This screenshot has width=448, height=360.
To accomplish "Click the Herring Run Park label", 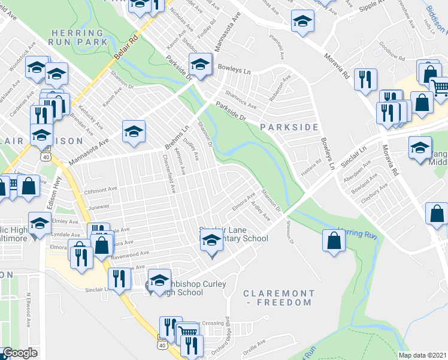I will (x=80, y=37).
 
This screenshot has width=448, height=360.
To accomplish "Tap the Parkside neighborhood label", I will (x=289, y=127).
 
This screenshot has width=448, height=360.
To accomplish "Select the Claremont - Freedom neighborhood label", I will (x=279, y=298).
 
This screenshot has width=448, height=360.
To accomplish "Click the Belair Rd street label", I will (x=126, y=47).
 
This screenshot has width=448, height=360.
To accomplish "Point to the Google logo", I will (x=20, y=353).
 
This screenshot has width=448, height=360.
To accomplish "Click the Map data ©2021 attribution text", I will (x=422, y=355).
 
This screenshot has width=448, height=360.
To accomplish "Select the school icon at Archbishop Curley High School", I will (x=159, y=280).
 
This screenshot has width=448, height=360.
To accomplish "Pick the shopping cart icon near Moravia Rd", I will (x=440, y=88).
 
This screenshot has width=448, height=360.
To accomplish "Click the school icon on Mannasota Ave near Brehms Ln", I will (x=134, y=131).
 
